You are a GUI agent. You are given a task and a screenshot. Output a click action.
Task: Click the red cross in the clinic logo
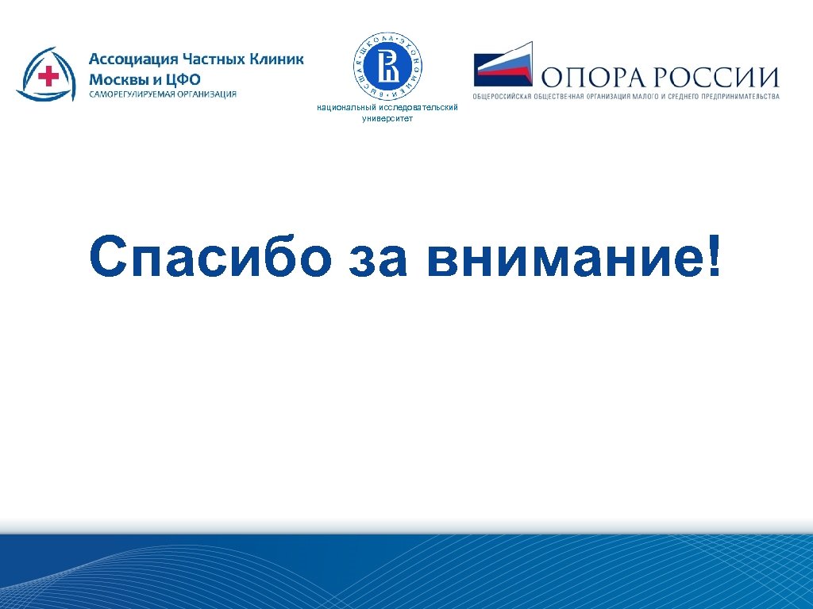pyautogui.click(x=49, y=76)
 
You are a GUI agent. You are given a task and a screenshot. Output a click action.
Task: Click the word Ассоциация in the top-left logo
pyautogui.click(x=132, y=60)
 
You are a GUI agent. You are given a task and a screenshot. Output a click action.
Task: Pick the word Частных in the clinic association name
pyautogui.click(x=215, y=60)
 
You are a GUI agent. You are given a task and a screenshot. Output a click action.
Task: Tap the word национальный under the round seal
pyautogui.click(x=342, y=107)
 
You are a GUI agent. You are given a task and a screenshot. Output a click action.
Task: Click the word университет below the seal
pyautogui.click(x=387, y=118)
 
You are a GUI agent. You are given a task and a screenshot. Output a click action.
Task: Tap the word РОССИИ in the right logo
pyautogui.click(x=718, y=76)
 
